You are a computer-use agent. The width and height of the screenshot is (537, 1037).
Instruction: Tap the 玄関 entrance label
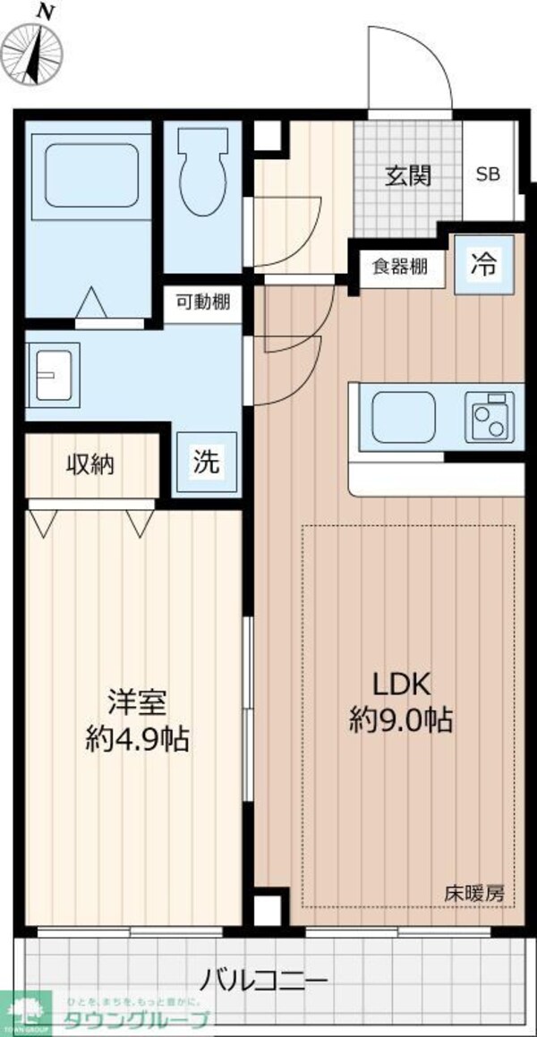pos(408,174)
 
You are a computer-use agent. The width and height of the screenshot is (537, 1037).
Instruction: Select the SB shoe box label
pos(488,174)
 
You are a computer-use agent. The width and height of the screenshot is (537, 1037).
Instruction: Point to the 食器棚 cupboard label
pos(399,267)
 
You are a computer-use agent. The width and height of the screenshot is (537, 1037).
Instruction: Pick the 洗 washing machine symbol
pos(207,462)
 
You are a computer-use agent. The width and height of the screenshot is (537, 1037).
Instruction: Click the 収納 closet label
pos(89,464)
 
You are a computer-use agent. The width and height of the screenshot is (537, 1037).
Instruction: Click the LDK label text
pos(403,684)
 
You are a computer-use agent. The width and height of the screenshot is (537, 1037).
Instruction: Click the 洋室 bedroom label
pos(136,702)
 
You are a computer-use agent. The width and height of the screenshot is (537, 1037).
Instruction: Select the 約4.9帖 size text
pos(137,738)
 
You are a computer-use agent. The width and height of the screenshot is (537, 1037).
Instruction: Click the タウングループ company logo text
pos(134,1021)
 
